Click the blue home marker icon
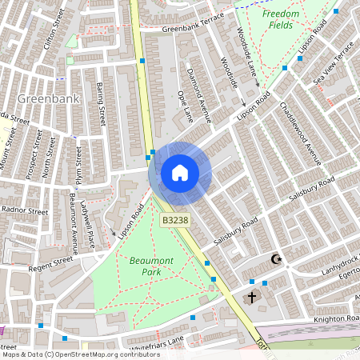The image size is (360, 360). coord(180,173)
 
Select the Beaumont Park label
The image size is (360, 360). coord(146,266)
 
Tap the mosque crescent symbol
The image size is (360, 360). coord(278,259)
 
